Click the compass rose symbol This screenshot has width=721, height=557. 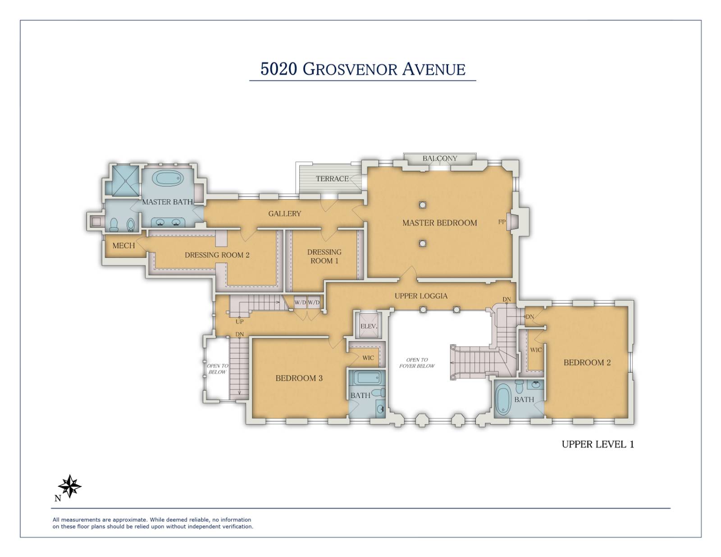[x=70, y=486]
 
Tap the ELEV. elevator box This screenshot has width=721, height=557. [x=368, y=326]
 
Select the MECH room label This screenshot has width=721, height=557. [x=123, y=246]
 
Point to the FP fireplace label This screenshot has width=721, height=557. [x=502, y=222]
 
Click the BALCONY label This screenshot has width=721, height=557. [x=439, y=159]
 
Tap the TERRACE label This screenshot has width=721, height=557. [x=332, y=179]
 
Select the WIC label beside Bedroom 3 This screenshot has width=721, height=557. [x=368, y=358]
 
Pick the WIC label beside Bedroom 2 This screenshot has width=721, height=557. [x=536, y=350]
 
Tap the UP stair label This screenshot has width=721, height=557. [x=240, y=322]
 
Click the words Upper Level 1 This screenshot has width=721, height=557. [x=598, y=444]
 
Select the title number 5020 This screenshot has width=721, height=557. [x=278, y=69]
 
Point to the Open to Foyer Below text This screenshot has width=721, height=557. [x=417, y=363]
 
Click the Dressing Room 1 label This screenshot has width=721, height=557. [x=324, y=256]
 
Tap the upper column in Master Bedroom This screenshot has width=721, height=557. [x=422, y=205]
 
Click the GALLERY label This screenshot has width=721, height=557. [x=284, y=214]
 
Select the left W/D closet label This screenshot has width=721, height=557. [x=300, y=303]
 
